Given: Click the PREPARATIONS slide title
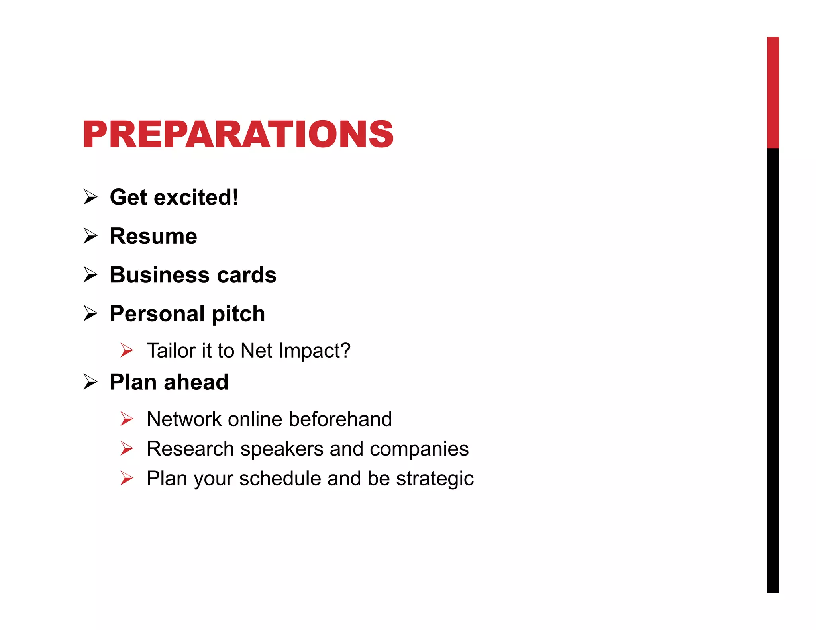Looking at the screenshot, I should tap(238, 135).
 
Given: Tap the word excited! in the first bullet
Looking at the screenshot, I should tap(196, 197).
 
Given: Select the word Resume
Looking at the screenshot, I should tap(153, 236).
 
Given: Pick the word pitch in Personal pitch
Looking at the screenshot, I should tap(238, 314).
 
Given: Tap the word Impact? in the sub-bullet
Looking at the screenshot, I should tap(314, 350).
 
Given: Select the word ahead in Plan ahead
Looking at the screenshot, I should tap(196, 382).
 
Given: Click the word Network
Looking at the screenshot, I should tap(184, 419).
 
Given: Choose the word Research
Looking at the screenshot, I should tap(190, 449).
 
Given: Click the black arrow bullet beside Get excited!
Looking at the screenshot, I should tap(90, 197).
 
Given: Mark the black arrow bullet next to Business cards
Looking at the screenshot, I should tap(90, 275).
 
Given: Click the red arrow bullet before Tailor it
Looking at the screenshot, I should tap(127, 350).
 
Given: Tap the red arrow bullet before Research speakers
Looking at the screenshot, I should tap(127, 449).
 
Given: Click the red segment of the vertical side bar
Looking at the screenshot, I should tap(773, 92).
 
